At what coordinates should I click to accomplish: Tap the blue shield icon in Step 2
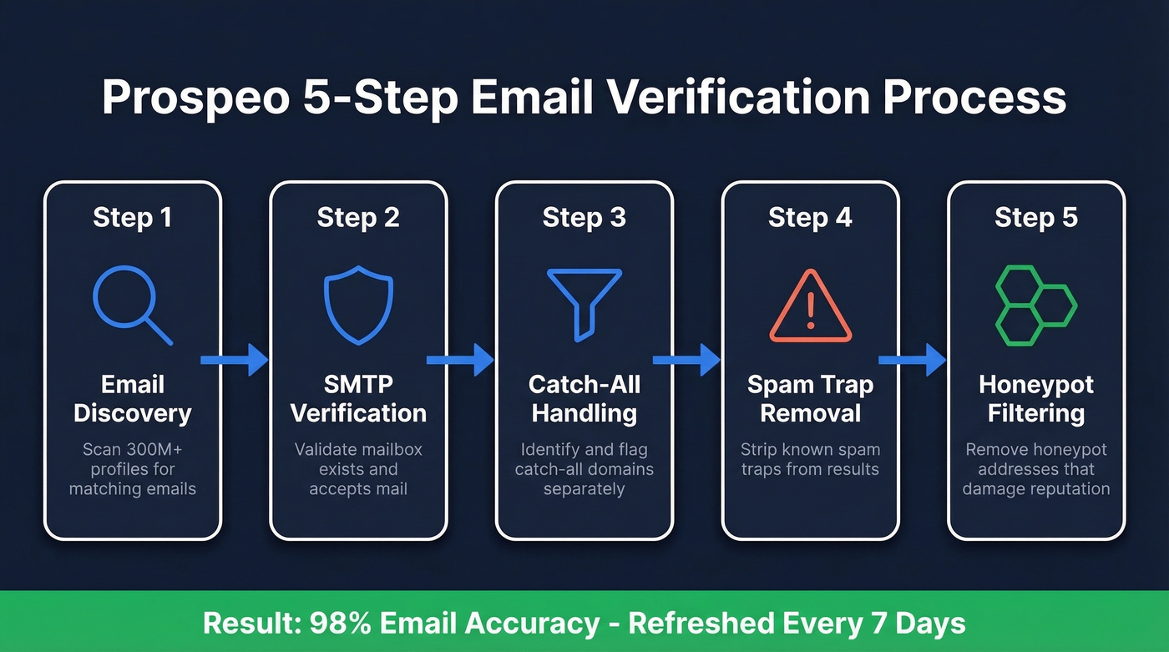pos(358,306)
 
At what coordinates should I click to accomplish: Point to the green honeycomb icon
pos(1035,306)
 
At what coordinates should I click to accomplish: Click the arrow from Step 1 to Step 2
pos(235,360)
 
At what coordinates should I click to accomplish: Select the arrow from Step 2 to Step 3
pos(460,360)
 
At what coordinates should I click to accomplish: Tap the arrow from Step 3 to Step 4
pos(686,360)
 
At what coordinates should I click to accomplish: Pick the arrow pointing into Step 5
pos(912,360)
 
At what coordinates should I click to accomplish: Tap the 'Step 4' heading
pos(810,218)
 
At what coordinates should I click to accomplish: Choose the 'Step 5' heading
pos(1035,218)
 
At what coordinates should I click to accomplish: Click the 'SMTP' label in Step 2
pos(358,385)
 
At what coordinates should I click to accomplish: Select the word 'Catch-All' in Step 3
pos(584,385)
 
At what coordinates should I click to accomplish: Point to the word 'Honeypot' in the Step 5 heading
pos(1035,385)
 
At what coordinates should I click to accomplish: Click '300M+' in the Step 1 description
pos(149,449)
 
